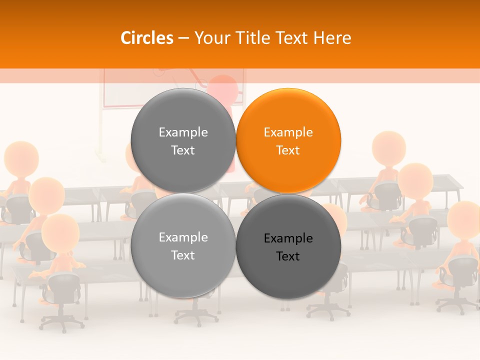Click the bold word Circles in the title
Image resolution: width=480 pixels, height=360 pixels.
(x=146, y=38)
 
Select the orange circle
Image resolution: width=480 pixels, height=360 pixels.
(x=288, y=140)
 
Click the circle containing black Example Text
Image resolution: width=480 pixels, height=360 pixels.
(x=288, y=246)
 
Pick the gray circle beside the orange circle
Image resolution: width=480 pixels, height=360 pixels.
(x=183, y=140)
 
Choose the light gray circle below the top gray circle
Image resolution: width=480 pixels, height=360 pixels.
(x=183, y=245)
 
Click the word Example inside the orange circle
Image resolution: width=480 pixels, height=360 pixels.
(x=288, y=132)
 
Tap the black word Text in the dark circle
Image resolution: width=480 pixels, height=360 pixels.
(x=288, y=256)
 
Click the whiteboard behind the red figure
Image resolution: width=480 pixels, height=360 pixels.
(x=125, y=90)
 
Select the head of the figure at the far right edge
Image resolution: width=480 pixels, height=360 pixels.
(x=464, y=220)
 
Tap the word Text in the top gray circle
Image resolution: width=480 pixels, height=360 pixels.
(x=183, y=150)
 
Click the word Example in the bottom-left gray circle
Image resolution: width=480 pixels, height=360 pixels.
(x=183, y=237)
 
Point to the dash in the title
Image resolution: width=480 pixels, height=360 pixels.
(x=183, y=38)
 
